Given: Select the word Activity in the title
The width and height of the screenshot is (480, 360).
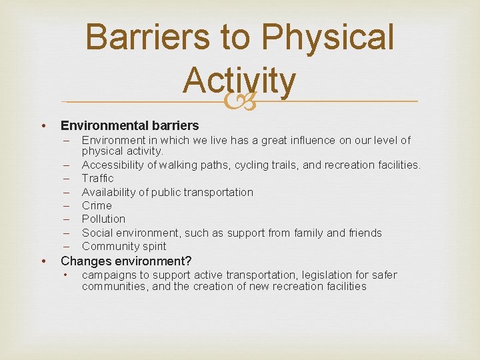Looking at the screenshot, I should pos(239,80).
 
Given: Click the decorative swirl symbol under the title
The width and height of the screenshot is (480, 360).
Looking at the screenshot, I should pos(239,102).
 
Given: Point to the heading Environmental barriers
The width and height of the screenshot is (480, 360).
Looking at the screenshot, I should pos(129,125).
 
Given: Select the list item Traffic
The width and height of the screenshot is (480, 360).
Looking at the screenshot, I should pos(97,178).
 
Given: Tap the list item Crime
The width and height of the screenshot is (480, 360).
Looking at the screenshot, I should pos(97,205).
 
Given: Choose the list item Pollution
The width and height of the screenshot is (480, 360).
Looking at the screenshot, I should pos(103,219).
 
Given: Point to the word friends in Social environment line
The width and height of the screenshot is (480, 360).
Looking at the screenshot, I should pos(364,233).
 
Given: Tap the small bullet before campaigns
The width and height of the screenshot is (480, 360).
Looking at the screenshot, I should pos(66,275).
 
